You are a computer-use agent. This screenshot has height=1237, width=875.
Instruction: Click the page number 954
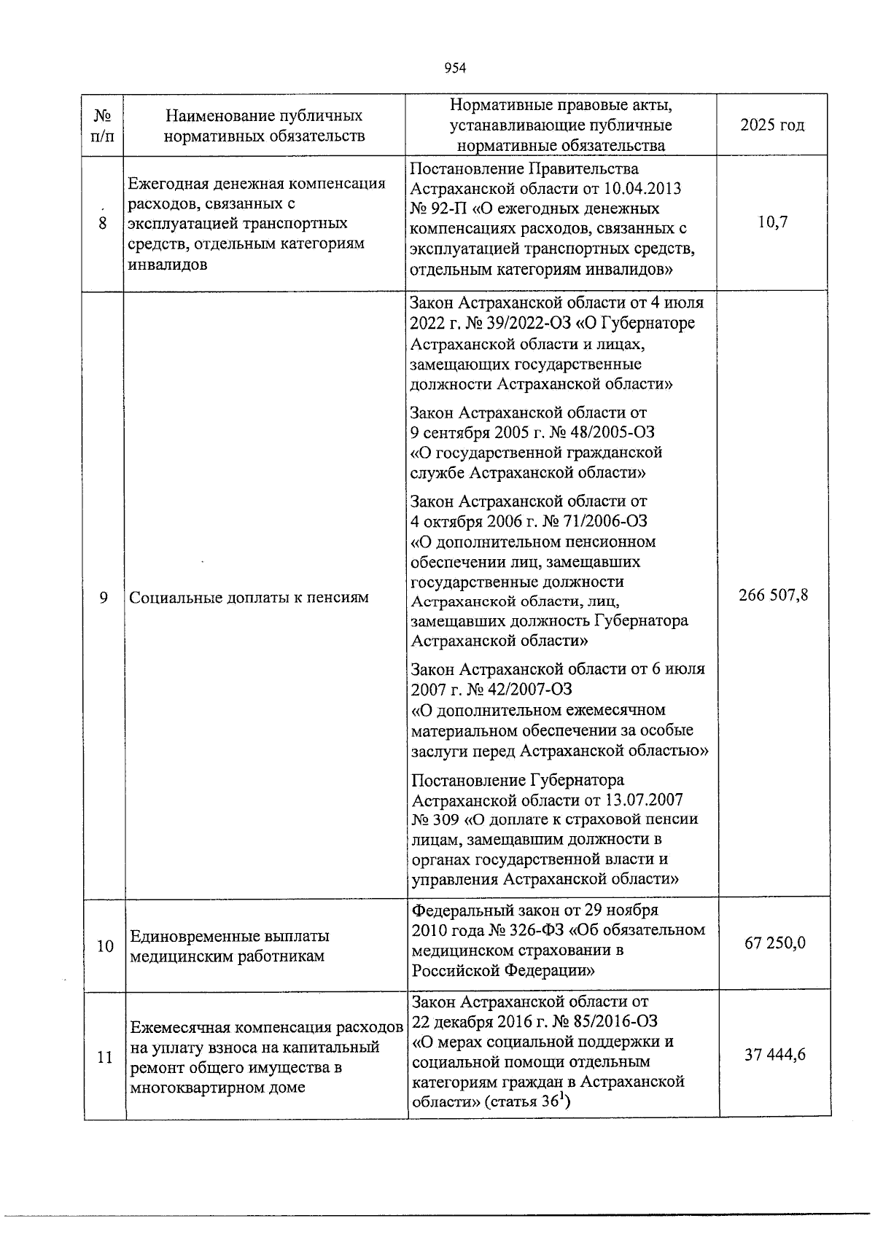click(454, 68)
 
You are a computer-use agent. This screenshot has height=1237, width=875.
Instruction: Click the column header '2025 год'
click(772, 125)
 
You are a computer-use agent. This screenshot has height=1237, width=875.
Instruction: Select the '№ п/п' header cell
click(104, 125)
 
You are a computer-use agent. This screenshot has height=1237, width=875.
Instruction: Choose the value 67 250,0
click(774, 943)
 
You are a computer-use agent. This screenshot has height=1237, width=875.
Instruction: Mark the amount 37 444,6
click(774, 1054)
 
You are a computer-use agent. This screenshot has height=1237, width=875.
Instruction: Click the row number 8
click(104, 223)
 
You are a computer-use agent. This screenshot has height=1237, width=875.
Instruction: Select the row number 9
click(104, 598)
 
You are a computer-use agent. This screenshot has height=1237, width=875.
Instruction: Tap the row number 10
click(104, 946)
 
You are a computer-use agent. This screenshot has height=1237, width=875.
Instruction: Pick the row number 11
click(104, 1057)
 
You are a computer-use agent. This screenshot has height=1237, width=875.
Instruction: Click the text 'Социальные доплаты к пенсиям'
click(249, 598)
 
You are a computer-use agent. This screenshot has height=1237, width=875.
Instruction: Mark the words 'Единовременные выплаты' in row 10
click(229, 936)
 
